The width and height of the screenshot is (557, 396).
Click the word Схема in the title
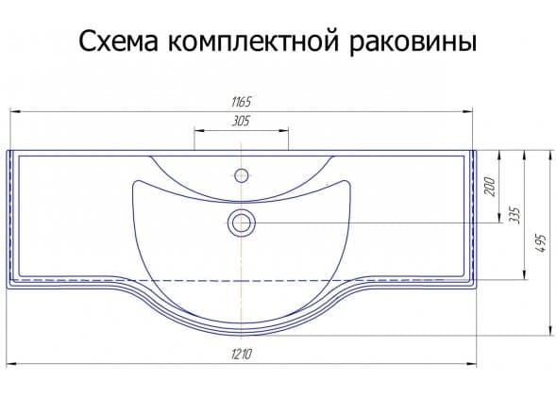118,41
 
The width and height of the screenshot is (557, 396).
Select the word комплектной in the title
253,41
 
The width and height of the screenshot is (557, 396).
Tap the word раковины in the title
413,42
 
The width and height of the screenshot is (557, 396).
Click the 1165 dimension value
241,102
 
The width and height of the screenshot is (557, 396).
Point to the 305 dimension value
241,122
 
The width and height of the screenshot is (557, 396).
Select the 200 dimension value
490,186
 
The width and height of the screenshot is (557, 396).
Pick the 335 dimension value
514,214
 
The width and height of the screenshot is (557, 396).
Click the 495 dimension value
540,243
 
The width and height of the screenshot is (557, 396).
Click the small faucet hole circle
242,175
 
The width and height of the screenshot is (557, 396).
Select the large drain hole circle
242,223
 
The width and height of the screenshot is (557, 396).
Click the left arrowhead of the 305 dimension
199,130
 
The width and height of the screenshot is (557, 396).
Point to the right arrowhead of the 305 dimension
283,130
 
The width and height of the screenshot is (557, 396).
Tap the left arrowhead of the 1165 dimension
15,111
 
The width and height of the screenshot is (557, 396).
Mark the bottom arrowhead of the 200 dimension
499,218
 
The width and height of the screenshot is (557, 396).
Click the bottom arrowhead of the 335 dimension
524,274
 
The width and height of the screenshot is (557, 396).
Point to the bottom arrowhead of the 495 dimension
550,330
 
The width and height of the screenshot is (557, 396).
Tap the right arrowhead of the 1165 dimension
467,111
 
